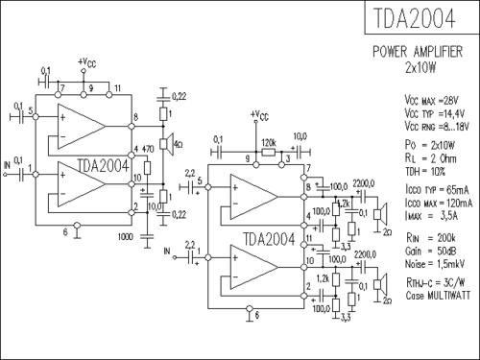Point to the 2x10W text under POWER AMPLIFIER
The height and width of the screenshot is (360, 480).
[420, 68]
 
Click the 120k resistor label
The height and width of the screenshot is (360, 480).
[269, 138]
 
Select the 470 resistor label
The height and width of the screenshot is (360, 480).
[148, 151]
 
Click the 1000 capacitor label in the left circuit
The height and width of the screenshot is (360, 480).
[125, 236]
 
